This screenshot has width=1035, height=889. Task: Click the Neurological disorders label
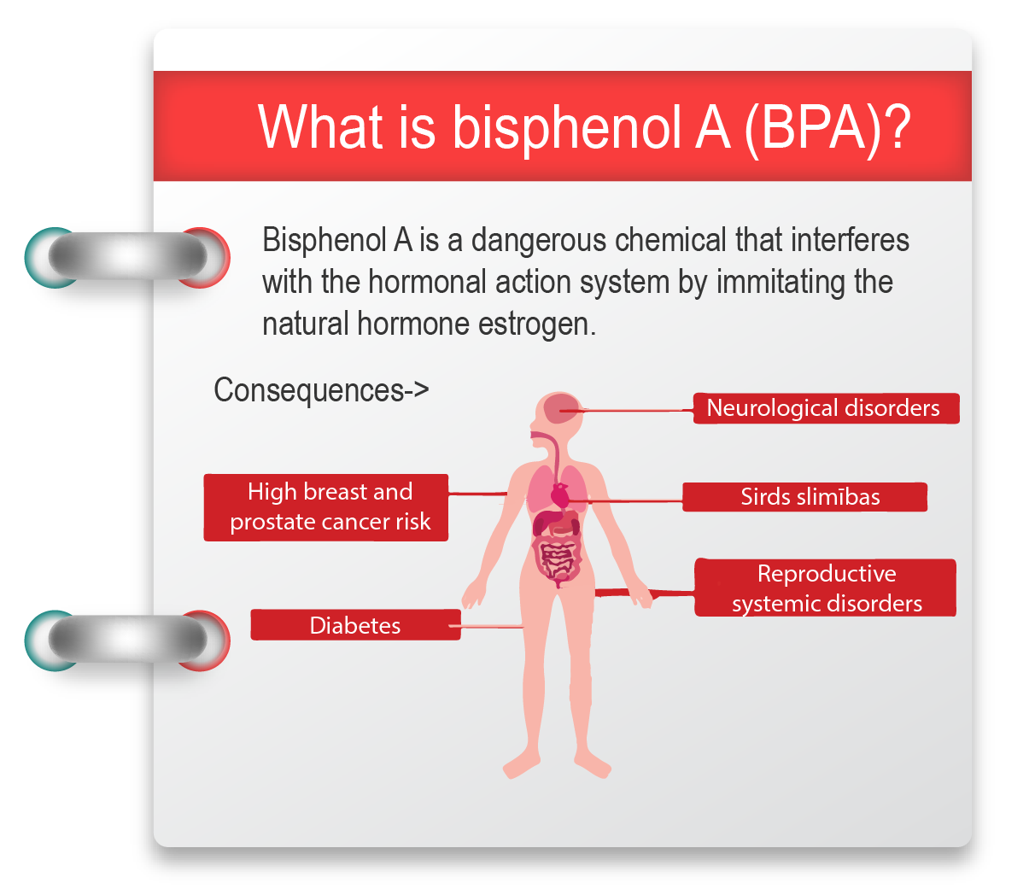click(x=826, y=408)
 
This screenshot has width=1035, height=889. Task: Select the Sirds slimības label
click(x=804, y=497)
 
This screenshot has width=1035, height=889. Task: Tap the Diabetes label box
click(x=355, y=624)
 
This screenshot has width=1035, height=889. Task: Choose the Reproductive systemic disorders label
click(x=825, y=588)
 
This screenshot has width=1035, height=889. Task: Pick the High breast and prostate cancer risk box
click(x=325, y=507)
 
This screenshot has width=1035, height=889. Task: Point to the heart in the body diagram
click(x=560, y=495)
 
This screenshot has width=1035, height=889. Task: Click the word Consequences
click(x=309, y=390)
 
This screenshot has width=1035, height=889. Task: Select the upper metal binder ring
click(x=128, y=256)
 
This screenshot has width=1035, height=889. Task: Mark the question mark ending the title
click(x=897, y=126)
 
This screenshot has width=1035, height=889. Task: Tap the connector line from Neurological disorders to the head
click(x=627, y=411)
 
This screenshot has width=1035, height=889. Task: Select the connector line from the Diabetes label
click(x=486, y=626)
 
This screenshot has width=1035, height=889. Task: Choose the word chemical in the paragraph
click(x=670, y=240)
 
